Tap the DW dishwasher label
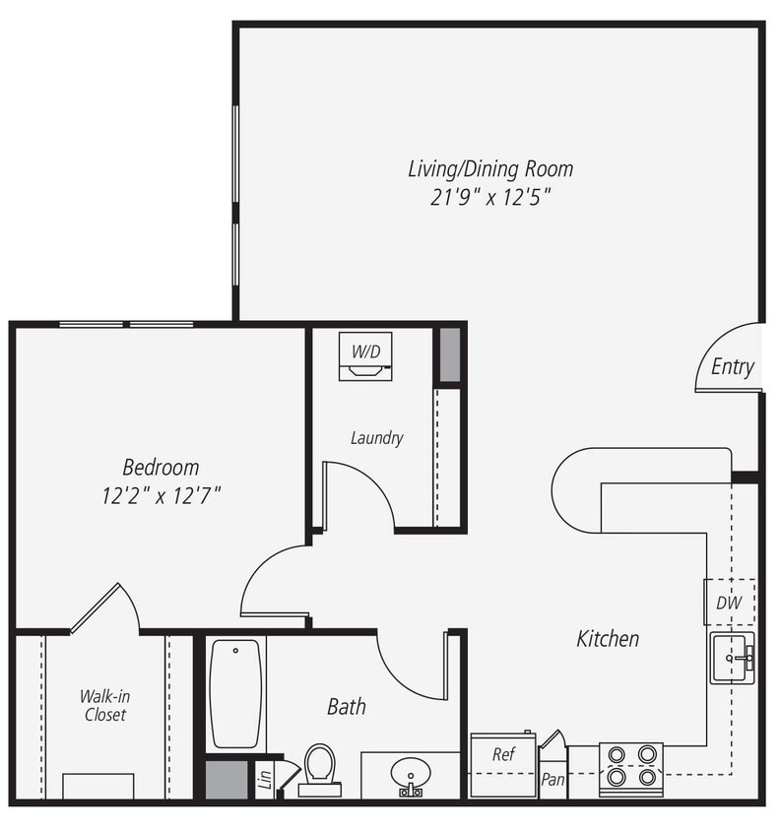728,602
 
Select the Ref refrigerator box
503,764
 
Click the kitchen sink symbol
733,659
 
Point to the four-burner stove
631,765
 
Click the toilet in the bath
318,768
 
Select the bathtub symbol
235,693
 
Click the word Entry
732,367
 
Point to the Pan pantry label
552,779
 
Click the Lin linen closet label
264,780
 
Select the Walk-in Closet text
103,705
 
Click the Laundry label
376,438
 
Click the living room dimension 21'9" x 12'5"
489,196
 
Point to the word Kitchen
608,639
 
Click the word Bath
347,706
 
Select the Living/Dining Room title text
490,168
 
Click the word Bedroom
161,467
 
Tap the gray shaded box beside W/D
448,354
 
